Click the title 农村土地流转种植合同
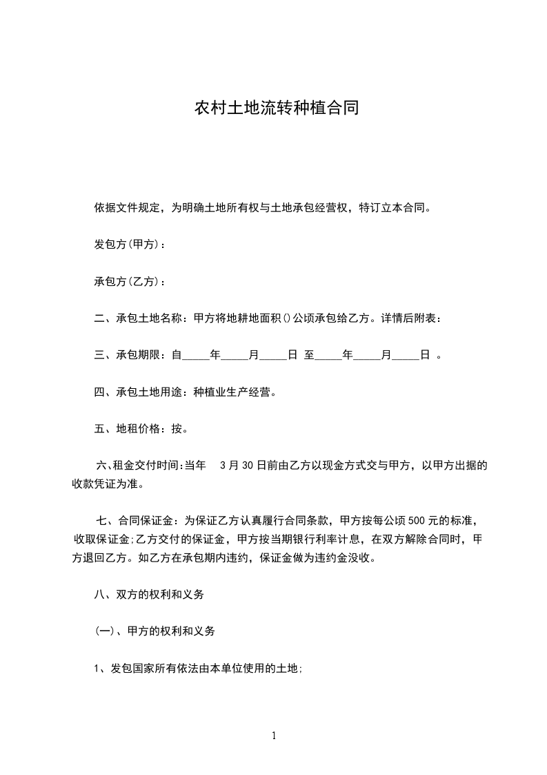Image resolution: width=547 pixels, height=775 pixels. (276, 108)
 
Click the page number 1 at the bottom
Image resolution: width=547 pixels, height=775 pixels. (274, 736)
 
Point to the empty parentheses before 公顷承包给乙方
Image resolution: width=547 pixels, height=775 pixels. (288, 318)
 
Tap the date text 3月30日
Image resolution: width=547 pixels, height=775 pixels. (242, 466)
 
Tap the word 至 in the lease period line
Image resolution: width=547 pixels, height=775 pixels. (310, 356)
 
